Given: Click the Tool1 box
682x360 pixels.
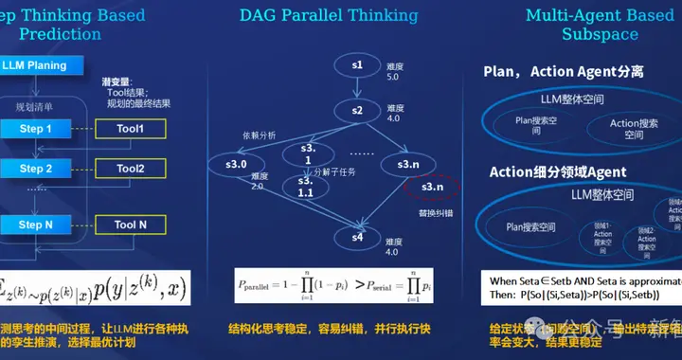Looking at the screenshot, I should (x=130, y=128).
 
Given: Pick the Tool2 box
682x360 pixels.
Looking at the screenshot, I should (x=130, y=169).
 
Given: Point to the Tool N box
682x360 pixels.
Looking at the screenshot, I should (x=130, y=225).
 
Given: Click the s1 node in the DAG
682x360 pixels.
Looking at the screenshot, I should (x=357, y=64).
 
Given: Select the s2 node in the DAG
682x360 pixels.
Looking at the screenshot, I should (x=357, y=111).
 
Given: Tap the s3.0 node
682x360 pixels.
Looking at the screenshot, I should (x=236, y=165).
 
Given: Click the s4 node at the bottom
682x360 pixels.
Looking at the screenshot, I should (x=358, y=236).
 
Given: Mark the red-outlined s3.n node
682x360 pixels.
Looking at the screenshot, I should (x=432, y=188).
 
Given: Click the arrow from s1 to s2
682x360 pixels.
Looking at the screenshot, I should (x=357, y=87).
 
